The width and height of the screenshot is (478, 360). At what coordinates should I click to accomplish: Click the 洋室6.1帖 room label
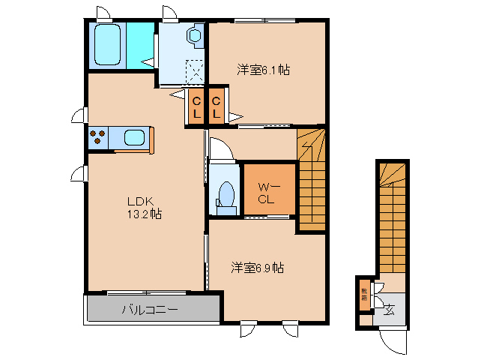pyautogui.click(x=263, y=70)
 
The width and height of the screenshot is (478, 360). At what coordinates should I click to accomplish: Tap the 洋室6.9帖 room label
pyautogui.click(x=256, y=267)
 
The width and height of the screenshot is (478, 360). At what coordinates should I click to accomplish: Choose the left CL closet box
pyautogui.click(x=196, y=107)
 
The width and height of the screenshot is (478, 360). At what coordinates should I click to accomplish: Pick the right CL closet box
pyautogui.click(x=216, y=107)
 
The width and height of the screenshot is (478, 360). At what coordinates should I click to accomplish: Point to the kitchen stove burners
pyautogui.click(x=98, y=138)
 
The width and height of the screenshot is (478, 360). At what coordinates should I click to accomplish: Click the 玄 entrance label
pyautogui.click(x=390, y=308)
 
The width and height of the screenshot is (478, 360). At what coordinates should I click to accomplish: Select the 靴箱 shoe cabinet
pyautogui.click(x=364, y=293)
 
